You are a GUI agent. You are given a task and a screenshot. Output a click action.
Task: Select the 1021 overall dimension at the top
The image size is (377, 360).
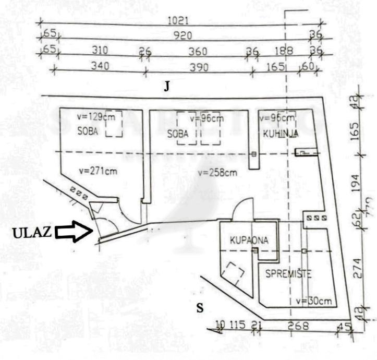click(178, 21)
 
